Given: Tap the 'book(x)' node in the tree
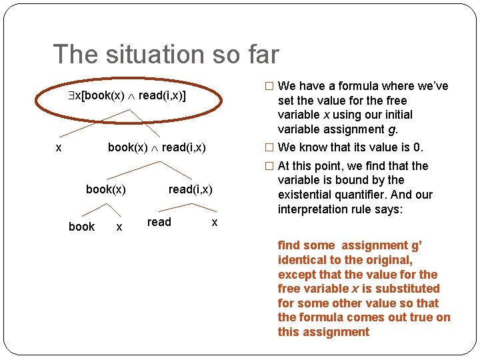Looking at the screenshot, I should click(x=106, y=190).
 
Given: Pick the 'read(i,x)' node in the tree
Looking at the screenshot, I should click(x=190, y=190).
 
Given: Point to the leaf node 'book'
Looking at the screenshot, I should click(x=81, y=227).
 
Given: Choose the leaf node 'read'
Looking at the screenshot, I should click(x=159, y=222).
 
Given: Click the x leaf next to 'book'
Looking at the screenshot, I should click(x=119, y=227).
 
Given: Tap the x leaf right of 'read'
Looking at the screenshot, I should click(x=214, y=223).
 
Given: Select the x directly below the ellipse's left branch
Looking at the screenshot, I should click(x=59, y=147).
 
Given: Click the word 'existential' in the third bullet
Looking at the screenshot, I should click(x=307, y=195).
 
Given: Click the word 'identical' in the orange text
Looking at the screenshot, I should click(x=302, y=260).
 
